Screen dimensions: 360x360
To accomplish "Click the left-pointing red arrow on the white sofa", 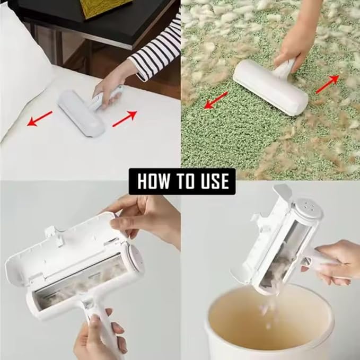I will (x=40, y=119).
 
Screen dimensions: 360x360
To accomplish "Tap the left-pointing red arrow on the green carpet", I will (x=216, y=100).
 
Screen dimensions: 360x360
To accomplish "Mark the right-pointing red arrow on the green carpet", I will (x=327, y=84).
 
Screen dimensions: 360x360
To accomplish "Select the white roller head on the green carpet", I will (x=270, y=86).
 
